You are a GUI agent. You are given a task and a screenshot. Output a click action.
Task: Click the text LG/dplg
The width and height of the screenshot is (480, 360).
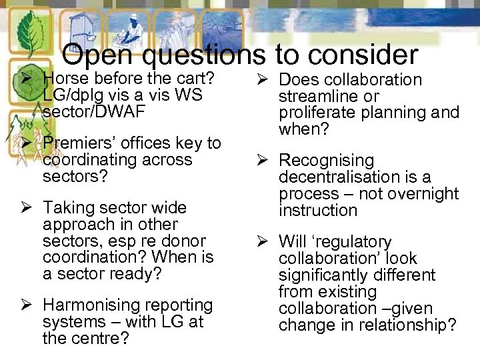point(74,95)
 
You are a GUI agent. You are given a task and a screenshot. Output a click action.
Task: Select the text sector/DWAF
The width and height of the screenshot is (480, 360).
point(93,111)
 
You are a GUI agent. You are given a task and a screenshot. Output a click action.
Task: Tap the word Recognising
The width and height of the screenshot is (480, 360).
point(326,161)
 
